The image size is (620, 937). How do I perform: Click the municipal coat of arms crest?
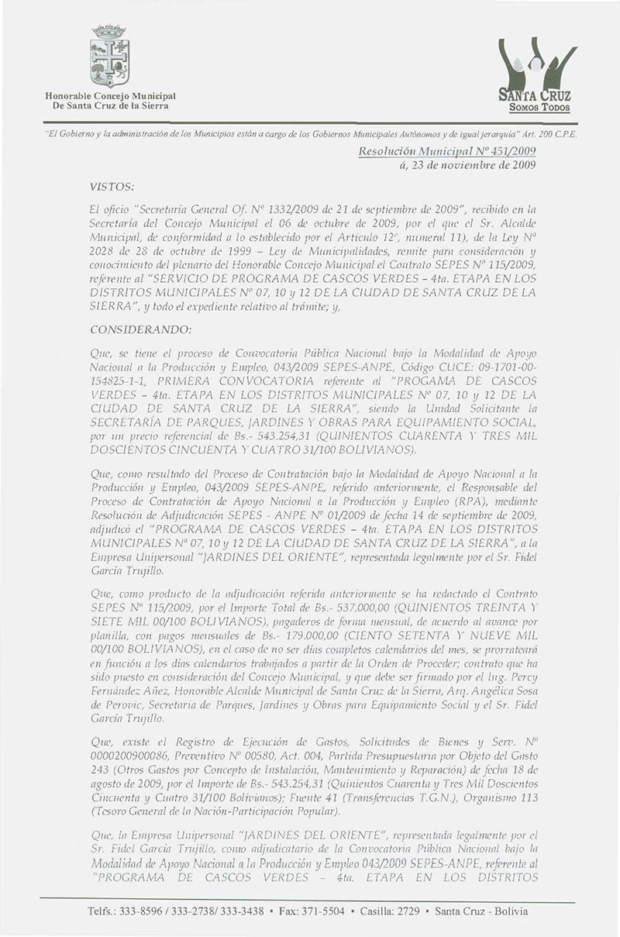109,57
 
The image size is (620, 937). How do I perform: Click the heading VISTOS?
113,187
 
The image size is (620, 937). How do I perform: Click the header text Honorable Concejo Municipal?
110,95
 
